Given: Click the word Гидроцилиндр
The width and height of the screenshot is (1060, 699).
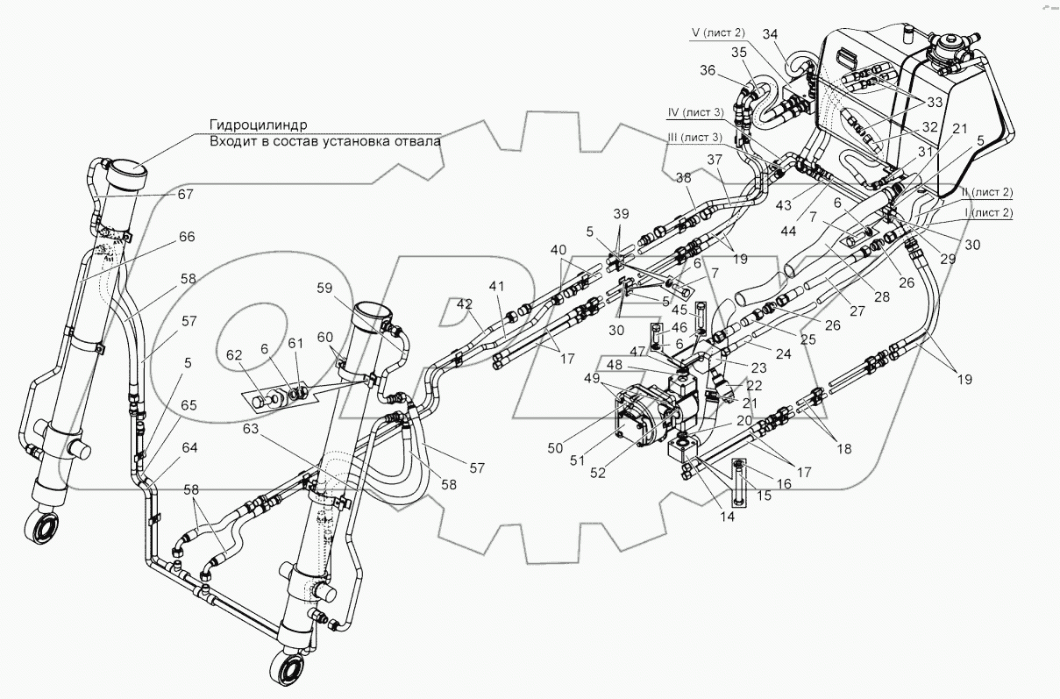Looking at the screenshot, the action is click(259, 125).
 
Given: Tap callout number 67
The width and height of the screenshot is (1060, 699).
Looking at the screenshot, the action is click(186, 195).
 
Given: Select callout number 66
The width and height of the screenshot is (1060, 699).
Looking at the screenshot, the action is click(187, 237).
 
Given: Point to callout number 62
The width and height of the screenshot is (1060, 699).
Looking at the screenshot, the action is click(234, 355).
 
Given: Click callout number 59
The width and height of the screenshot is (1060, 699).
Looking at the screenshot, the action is click(324, 288).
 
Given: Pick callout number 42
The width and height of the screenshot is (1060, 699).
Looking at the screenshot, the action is click(464, 304).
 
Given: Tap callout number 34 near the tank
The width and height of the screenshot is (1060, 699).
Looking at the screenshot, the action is click(771, 34).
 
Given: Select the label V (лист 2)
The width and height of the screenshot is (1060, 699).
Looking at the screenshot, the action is click(718, 32).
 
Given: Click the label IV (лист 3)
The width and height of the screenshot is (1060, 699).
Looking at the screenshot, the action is click(695, 112).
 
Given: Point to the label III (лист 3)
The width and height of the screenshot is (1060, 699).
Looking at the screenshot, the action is click(694, 137).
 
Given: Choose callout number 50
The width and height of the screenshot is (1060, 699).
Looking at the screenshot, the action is click(555, 447).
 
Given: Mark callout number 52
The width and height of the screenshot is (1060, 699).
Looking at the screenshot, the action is click(598, 473).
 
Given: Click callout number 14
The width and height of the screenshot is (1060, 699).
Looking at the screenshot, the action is click(727, 517).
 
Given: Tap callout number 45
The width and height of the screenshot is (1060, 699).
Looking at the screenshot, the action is click(679, 310).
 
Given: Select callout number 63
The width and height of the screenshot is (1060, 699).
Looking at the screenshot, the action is click(251, 429).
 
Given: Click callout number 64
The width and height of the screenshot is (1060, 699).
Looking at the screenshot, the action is click(189, 447).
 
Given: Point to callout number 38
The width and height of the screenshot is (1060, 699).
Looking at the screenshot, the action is click(683, 178).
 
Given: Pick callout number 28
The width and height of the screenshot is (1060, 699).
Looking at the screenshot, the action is click(882, 296).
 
